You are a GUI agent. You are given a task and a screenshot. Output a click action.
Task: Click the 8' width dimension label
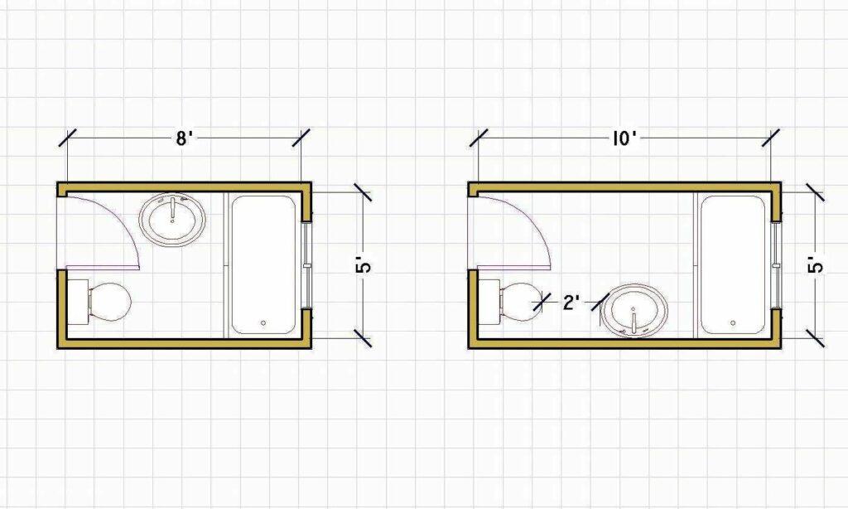[x=184, y=138]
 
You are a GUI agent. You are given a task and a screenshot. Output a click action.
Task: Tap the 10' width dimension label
[x=624, y=138]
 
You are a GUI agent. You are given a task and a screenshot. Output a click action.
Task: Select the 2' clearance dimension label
[x=571, y=303]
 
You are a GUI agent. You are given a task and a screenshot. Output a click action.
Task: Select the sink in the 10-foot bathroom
[x=634, y=311]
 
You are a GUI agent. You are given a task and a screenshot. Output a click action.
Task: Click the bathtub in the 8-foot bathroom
[x=263, y=264]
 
